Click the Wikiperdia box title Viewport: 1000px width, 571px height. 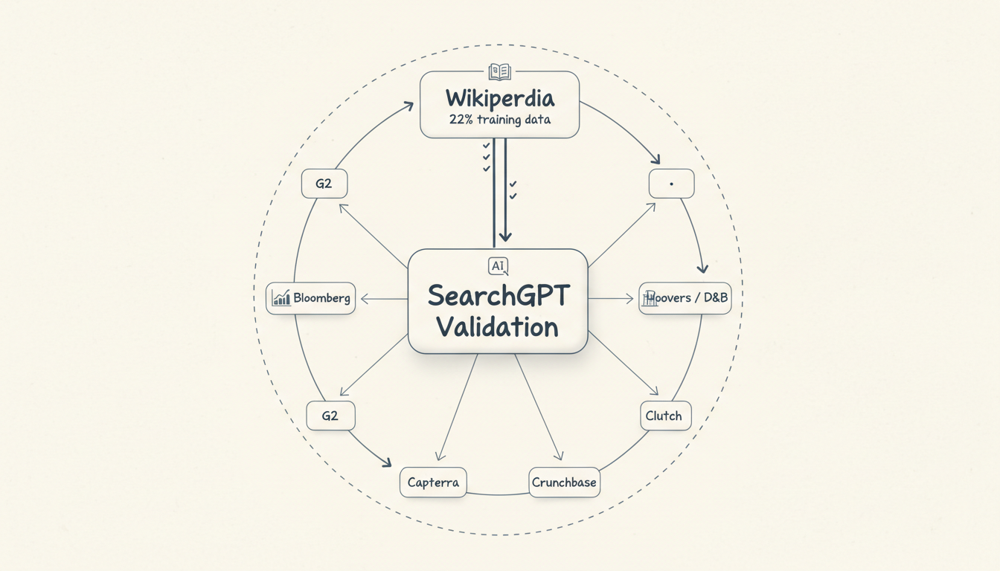499,97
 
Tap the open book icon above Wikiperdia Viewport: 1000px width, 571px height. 499,71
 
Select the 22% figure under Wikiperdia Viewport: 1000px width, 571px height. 460,120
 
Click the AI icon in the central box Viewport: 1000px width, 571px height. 498,266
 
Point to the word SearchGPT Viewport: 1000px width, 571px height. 498,296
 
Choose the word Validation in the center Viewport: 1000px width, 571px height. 497,327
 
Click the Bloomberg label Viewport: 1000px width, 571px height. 321,298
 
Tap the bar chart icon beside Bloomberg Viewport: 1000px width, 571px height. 281,298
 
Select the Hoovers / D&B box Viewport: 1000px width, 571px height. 685,298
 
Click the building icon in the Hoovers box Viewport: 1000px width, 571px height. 650,298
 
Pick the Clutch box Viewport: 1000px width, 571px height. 665,416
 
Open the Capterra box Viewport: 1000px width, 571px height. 433,483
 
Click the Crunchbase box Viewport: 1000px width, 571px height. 564,483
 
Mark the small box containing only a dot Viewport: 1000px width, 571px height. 671,184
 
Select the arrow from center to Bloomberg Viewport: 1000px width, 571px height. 384,300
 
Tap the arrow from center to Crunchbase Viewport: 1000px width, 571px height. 537,406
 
